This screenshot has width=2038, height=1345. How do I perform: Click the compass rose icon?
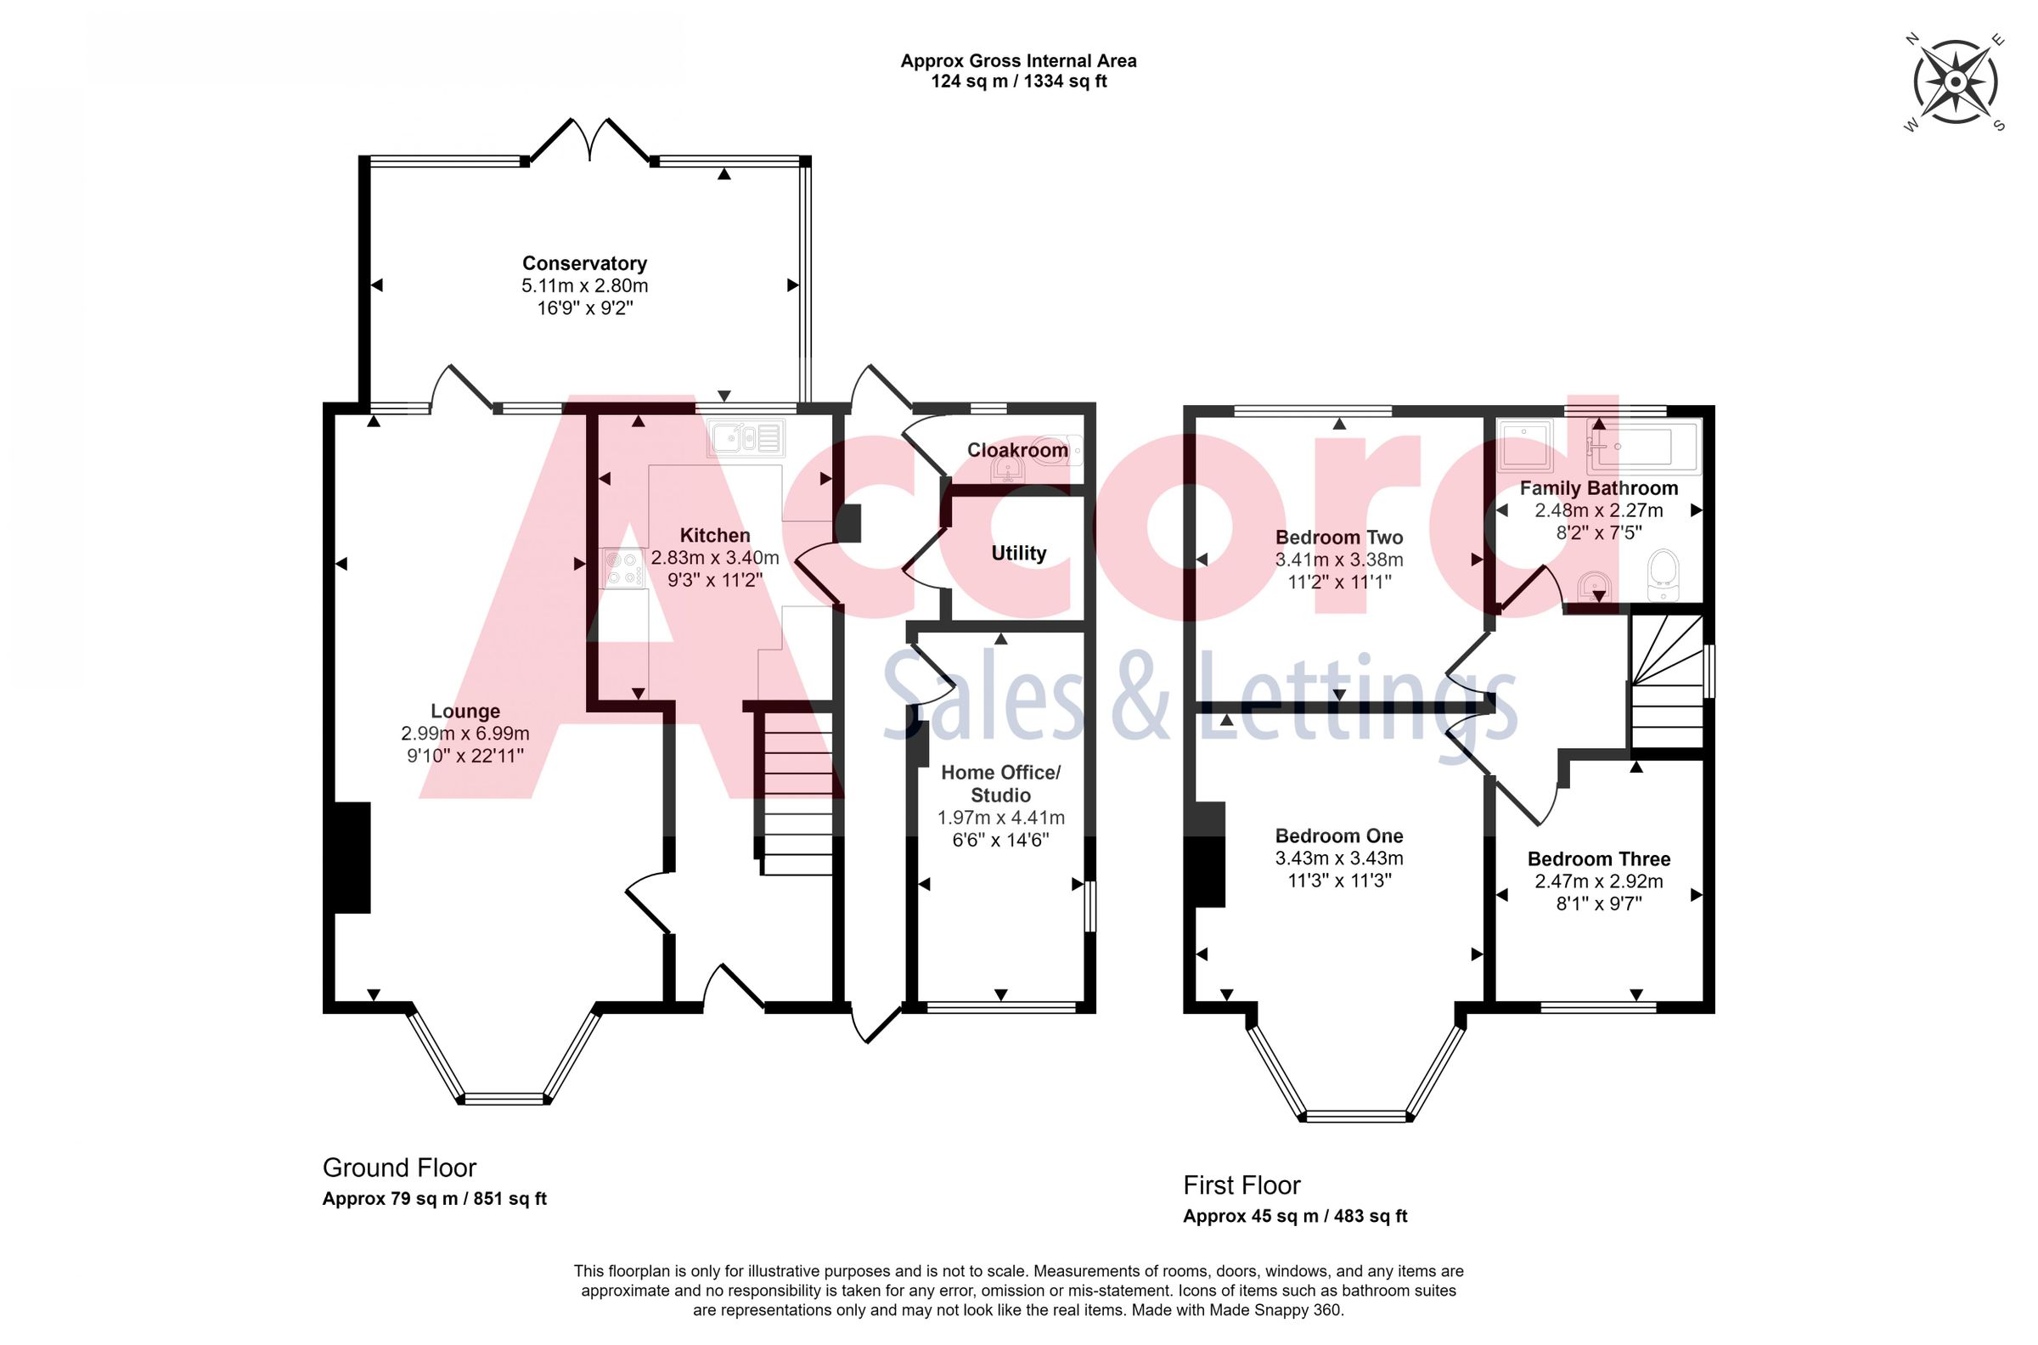(x=1955, y=82)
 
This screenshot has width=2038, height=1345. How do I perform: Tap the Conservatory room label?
(x=584, y=263)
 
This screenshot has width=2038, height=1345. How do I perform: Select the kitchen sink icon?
(x=746, y=438)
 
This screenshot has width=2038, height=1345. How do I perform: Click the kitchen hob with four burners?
(x=622, y=568)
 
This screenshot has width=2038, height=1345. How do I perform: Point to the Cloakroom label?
(x=1017, y=449)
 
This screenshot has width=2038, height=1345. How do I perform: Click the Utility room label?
(x=1018, y=554)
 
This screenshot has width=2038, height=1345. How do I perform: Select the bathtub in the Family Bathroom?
(x=1641, y=447)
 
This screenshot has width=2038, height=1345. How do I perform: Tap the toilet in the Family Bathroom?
(x=1664, y=575)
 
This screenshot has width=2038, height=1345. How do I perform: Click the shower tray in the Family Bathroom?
(x=1525, y=445)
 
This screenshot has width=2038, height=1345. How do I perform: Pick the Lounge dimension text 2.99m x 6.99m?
(x=464, y=734)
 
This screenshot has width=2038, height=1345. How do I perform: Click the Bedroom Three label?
(x=1599, y=858)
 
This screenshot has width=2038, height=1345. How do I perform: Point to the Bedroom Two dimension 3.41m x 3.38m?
(x=1339, y=560)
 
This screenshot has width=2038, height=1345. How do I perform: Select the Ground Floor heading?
(x=399, y=1168)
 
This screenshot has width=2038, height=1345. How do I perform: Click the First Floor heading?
(x=1241, y=1185)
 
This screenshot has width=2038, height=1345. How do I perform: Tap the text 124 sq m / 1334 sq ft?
(x=1018, y=82)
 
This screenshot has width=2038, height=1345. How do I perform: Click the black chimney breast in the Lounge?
(x=352, y=857)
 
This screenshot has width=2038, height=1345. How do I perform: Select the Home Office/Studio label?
(x=1000, y=783)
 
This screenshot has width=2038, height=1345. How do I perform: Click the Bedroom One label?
(x=1339, y=836)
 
